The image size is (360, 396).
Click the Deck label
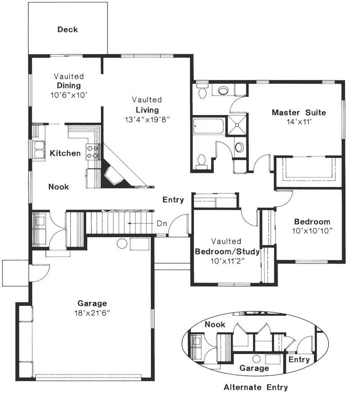pos(67,30)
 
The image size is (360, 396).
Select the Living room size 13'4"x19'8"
pos(147,119)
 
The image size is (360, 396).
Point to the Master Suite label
pos(298,112)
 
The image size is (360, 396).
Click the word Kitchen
pos(65,154)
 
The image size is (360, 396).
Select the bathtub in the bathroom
pos(208,126)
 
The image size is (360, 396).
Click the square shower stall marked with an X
pos(237,125)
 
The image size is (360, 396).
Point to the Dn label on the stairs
pos(162,223)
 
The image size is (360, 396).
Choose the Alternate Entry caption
pos(256,387)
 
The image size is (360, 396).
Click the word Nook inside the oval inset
pos(215,324)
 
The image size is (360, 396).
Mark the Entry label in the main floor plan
pos(173,200)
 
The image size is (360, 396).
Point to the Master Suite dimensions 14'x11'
pos(298,121)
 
